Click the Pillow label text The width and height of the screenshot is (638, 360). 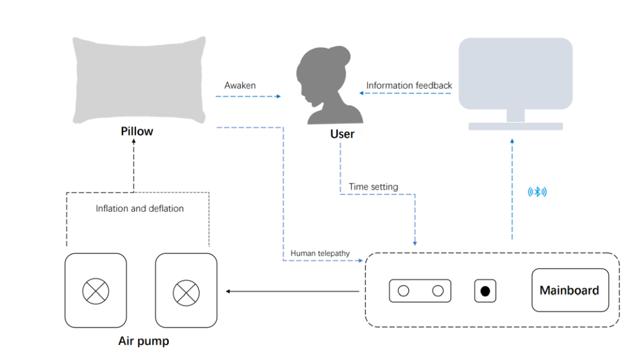pyautogui.click(x=137, y=131)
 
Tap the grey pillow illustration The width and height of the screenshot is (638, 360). pyautogui.click(x=139, y=80)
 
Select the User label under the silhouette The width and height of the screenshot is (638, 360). pyautogui.click(x=342, y=134)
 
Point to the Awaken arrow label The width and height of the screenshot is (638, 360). pyautogui.click(x=240, y=86)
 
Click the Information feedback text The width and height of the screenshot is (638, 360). pyautogui.click(x=409, y=86)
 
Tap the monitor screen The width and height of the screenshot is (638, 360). pyautogui.click(x=515, y=73)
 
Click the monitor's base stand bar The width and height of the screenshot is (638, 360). pyautogui.click(x=515, y=126)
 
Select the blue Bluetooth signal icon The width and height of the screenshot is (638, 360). pyautogui.click(x=537, y=192)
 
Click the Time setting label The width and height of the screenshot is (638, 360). pyautogui.click(x=373, y=187)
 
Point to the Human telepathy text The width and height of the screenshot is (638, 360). pyautogui.click(x=320, y=254)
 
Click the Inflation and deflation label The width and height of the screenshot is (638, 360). pyautogui.click(x=139, y=209)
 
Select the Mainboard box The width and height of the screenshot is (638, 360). pyautogui.click(x=569, y=290)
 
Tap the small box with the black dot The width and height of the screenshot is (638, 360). pyautogui.click(x=485, y=291)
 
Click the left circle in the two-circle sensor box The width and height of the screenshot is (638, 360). pyautogui.click(x=403, y=291)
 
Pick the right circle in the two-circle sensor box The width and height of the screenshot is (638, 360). pyautogui.click(x=438, y=291)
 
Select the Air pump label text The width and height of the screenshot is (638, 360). pyautogui.click(x=144, y=341)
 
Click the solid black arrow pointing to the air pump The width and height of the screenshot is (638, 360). pyautogui.click(x=292, y=291)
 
